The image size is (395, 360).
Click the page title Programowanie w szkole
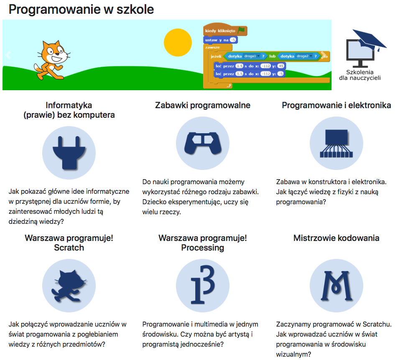81,10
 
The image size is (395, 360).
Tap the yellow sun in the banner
178,43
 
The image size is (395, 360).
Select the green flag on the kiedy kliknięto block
241,30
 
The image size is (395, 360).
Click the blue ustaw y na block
220,40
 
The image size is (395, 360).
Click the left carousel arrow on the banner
8,55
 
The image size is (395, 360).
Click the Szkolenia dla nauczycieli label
360,75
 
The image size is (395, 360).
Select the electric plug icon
69,152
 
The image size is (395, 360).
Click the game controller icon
203,143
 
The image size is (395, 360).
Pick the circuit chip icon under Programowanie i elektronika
336,143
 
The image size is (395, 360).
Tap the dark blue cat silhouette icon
69,286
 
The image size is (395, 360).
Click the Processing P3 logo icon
203,284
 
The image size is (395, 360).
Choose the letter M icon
336,286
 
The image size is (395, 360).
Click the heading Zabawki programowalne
203,105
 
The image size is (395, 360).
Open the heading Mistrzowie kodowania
336,238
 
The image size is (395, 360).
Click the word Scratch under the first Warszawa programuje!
69,248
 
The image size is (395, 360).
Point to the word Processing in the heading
203,248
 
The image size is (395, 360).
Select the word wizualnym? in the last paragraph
294,355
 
